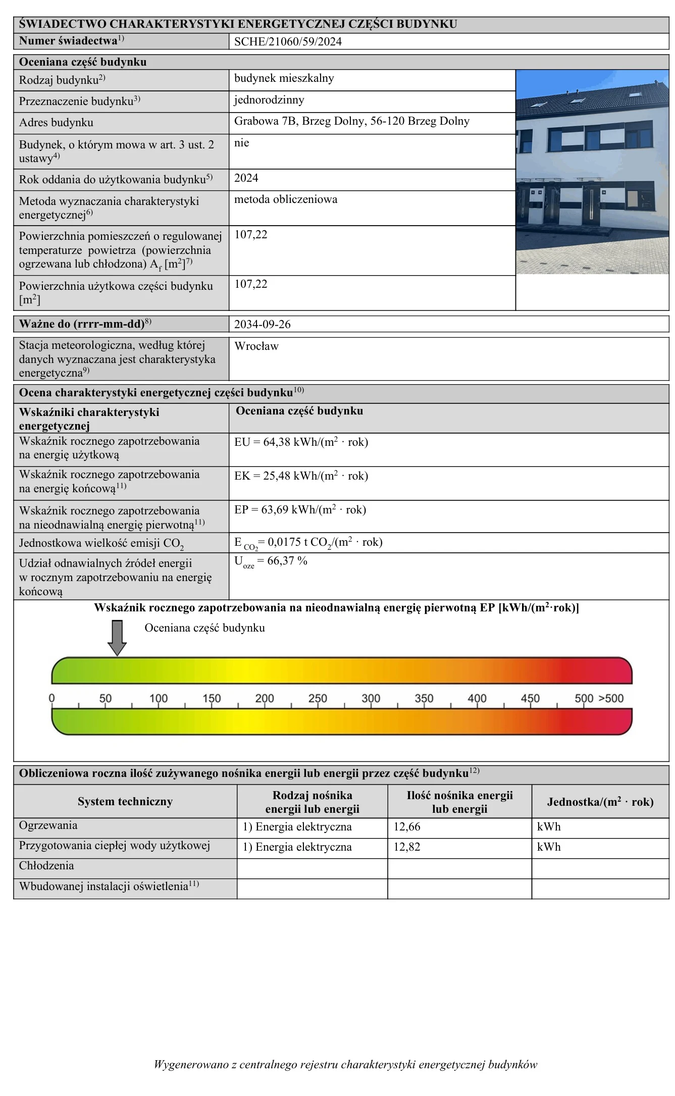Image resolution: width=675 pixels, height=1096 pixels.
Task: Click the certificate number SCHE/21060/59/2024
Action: (x=288, y=42)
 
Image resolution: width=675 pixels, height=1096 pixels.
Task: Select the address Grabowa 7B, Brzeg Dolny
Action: (x=352, y=121)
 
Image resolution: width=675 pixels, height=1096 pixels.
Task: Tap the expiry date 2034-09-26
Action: (x=263, y=324)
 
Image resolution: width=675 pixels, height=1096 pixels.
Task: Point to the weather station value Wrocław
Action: (x=256, y=346)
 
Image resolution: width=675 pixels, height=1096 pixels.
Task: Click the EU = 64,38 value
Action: (x=301, y=442)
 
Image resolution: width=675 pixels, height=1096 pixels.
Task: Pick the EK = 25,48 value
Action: (x=301, y=476)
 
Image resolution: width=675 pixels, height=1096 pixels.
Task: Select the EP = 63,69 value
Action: (x=300, y=509)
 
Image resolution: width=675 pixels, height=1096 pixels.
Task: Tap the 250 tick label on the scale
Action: (x=318, y=699)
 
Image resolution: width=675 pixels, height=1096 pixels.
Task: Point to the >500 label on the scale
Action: (x=611, y=699)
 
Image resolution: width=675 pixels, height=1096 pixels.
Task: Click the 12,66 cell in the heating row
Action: (x=407, y=827)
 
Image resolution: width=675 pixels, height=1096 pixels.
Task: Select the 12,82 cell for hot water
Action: (x=407, y=847)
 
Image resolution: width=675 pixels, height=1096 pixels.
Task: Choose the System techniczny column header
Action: (x=125, y=802)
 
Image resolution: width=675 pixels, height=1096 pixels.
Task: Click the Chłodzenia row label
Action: (x=46, y=866)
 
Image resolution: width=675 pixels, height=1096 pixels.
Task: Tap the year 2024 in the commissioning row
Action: (x=246, y=178)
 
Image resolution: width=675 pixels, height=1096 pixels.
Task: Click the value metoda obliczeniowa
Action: (x=286, y=199)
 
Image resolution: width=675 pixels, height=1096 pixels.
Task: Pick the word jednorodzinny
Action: (x=269, y=100)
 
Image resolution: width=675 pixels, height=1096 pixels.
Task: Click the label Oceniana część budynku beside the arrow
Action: (x=204, y=628)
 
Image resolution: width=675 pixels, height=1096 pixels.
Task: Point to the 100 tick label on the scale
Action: (x=159, y=699)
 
